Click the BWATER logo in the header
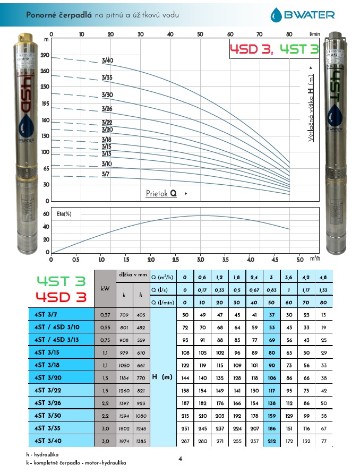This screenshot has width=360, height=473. click(x=302, y=14)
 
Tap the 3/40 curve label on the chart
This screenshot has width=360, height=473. click(x=107, y=61)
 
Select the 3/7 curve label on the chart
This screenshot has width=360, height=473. click(x=105, y=174)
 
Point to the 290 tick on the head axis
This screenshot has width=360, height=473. click(x=45, y=55)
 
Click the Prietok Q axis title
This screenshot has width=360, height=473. click(x=161, y=193)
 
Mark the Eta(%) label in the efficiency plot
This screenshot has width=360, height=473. click(x=64, y=214)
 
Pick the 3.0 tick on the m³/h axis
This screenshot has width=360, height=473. click(x=200, y=260)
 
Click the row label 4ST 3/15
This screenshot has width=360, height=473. click(x=47, y=352)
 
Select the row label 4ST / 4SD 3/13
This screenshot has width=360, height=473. click(x=56, y=340)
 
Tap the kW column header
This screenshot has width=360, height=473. click(x=105, y=289)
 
